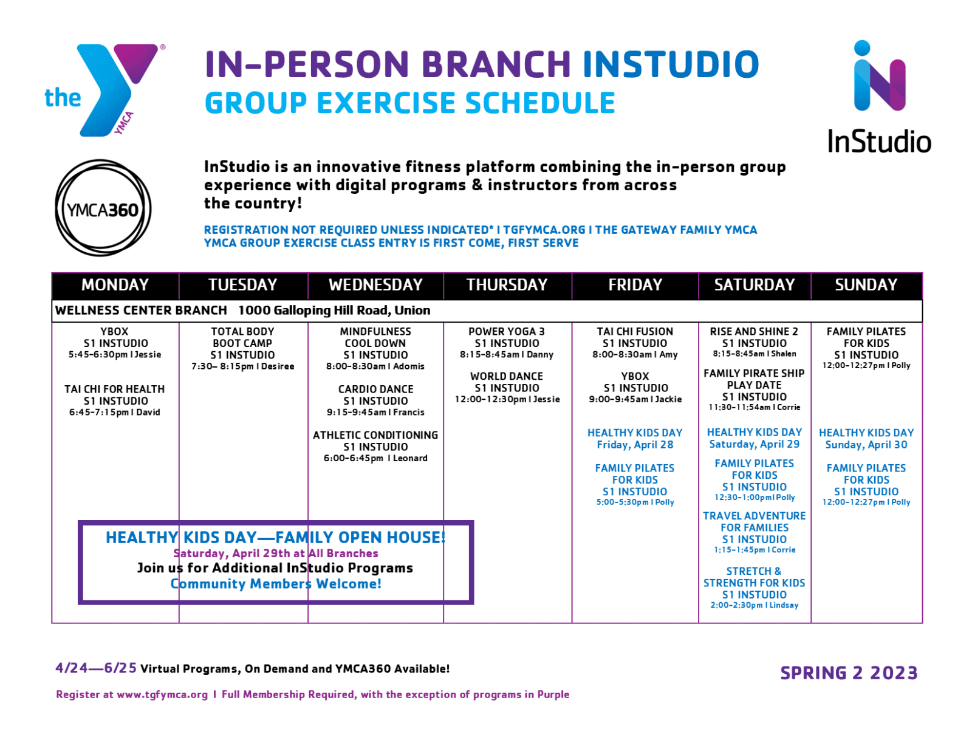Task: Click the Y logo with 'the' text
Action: [104, 89]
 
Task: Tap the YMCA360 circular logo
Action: [103, 208]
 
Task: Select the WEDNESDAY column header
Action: [375, 285]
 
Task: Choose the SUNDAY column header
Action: [866, 285]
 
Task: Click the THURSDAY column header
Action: [507, 285]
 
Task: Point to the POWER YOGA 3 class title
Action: [507, 331]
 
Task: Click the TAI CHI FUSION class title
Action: [635, 331]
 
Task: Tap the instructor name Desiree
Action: [278, 366]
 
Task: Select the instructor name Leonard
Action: [410, 458]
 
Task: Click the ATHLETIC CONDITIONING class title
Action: [375, 435]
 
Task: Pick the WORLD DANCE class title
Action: [507, 376]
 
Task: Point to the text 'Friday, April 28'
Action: [635, 445]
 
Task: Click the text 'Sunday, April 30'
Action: [866, 445]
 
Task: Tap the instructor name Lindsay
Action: [784, 605]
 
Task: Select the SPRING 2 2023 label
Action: [849, 673]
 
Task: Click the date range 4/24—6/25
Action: [96, 668]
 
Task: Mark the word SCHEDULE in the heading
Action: [540, 103]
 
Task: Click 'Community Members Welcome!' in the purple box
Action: [276, 584]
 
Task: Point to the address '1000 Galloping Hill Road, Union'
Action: [334, 310]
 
